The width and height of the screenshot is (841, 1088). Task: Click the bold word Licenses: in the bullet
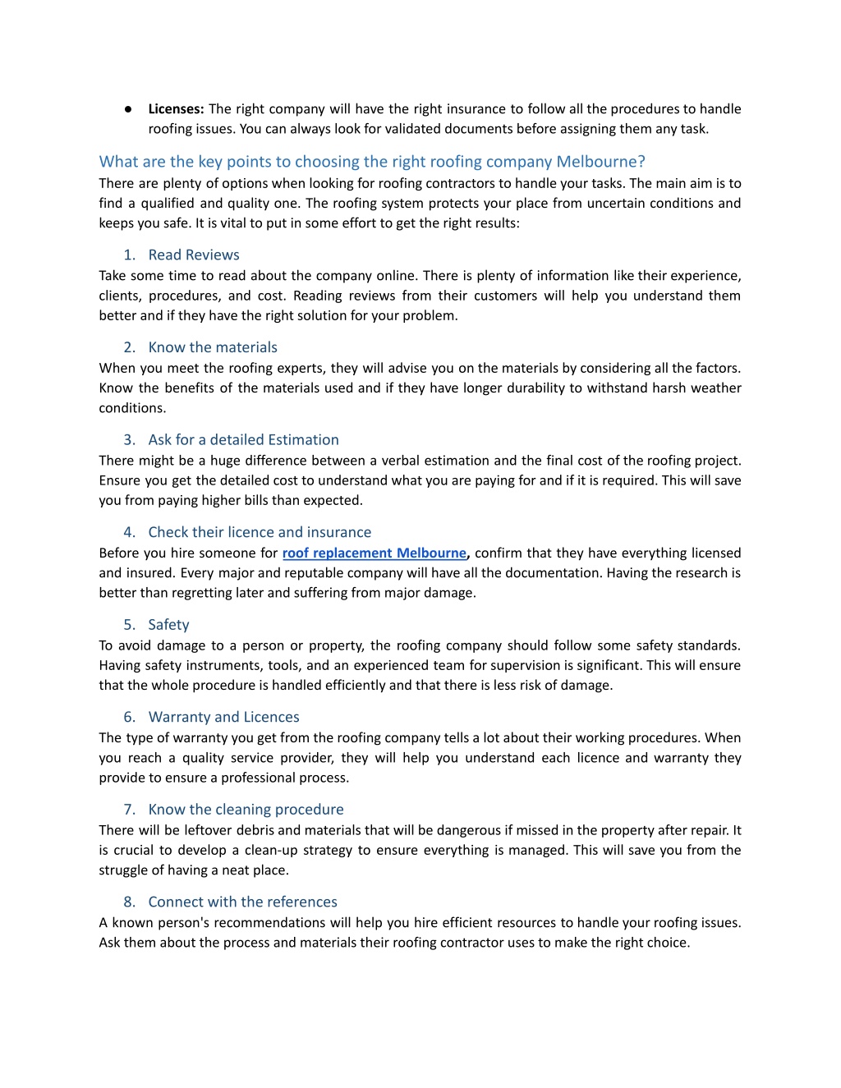(176, 109)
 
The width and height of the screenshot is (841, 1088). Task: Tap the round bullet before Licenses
(129, 109)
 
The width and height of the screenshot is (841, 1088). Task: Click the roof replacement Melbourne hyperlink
(375, 553)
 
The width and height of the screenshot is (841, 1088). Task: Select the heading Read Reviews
(194, 255)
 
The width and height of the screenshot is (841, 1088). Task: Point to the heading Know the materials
(213, 347)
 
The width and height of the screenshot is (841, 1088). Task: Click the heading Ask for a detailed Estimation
(243, 440)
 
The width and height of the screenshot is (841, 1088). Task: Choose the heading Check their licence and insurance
(260, 532)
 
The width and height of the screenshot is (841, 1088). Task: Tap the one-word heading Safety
(168, 625)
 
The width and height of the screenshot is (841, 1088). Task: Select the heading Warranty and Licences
(223, 717)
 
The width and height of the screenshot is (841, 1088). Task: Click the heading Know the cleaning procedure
(246, 810)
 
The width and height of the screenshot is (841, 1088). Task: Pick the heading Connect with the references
(242, 902)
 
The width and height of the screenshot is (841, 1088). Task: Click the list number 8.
(129, 902)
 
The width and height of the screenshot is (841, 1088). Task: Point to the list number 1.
(129, 255)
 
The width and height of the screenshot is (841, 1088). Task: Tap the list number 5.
(129, 625)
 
